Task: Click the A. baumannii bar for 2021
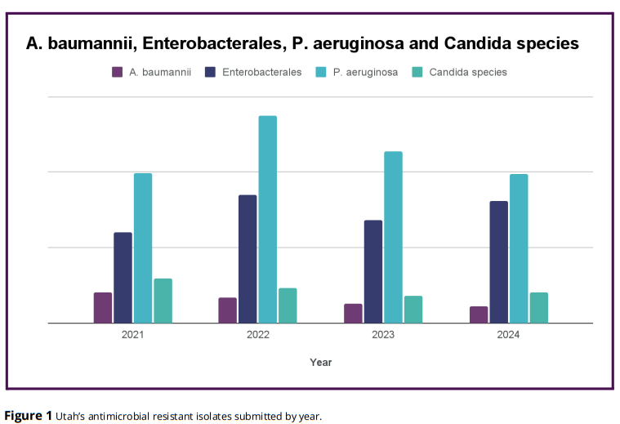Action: (103, 308)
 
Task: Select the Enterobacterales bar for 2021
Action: (123, 278)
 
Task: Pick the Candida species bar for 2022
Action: (288, 306)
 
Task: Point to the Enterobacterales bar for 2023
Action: (373, 271)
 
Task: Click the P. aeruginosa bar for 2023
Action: (393, 237)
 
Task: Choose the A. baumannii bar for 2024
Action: (479, 315)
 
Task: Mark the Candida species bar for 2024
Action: (539, 308)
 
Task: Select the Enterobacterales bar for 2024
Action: (499, 261)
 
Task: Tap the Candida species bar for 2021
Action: (163, 301)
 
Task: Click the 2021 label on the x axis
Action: (133, 335)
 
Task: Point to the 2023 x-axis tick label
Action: (383, 335)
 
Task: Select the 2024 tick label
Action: (508, 335)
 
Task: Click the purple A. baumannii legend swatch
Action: (118, 72)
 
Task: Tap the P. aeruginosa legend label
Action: (365, 72)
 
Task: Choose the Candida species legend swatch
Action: (417, 72)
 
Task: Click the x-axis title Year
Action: (321, 362)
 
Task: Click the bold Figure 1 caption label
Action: (29, 416)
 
